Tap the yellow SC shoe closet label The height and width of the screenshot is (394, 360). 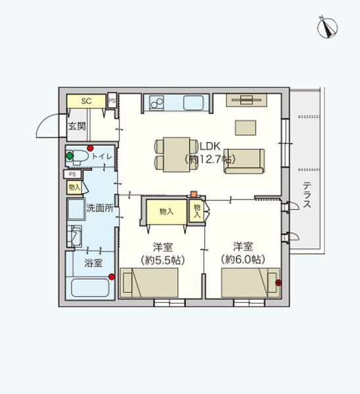click(86, 101)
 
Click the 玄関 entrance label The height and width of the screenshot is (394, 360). click(76, 126)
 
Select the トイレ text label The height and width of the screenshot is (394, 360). click(102, 156)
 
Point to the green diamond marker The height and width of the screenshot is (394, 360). click(69, 157)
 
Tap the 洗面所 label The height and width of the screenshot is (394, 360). click(100, 208)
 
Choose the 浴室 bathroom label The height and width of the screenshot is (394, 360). click(93, 263)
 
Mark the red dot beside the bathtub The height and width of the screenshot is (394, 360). click(112, 276)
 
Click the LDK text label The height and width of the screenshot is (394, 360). click(210, 145)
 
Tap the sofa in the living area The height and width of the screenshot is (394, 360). click(244, 162)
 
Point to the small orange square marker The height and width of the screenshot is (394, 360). click(193, 194)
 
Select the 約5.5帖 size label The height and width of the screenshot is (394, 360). click(162, 260)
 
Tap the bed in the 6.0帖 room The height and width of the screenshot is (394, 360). click(250, 284)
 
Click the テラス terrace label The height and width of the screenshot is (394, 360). click(307, 195)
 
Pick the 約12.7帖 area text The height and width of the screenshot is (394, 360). click(210, 159)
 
